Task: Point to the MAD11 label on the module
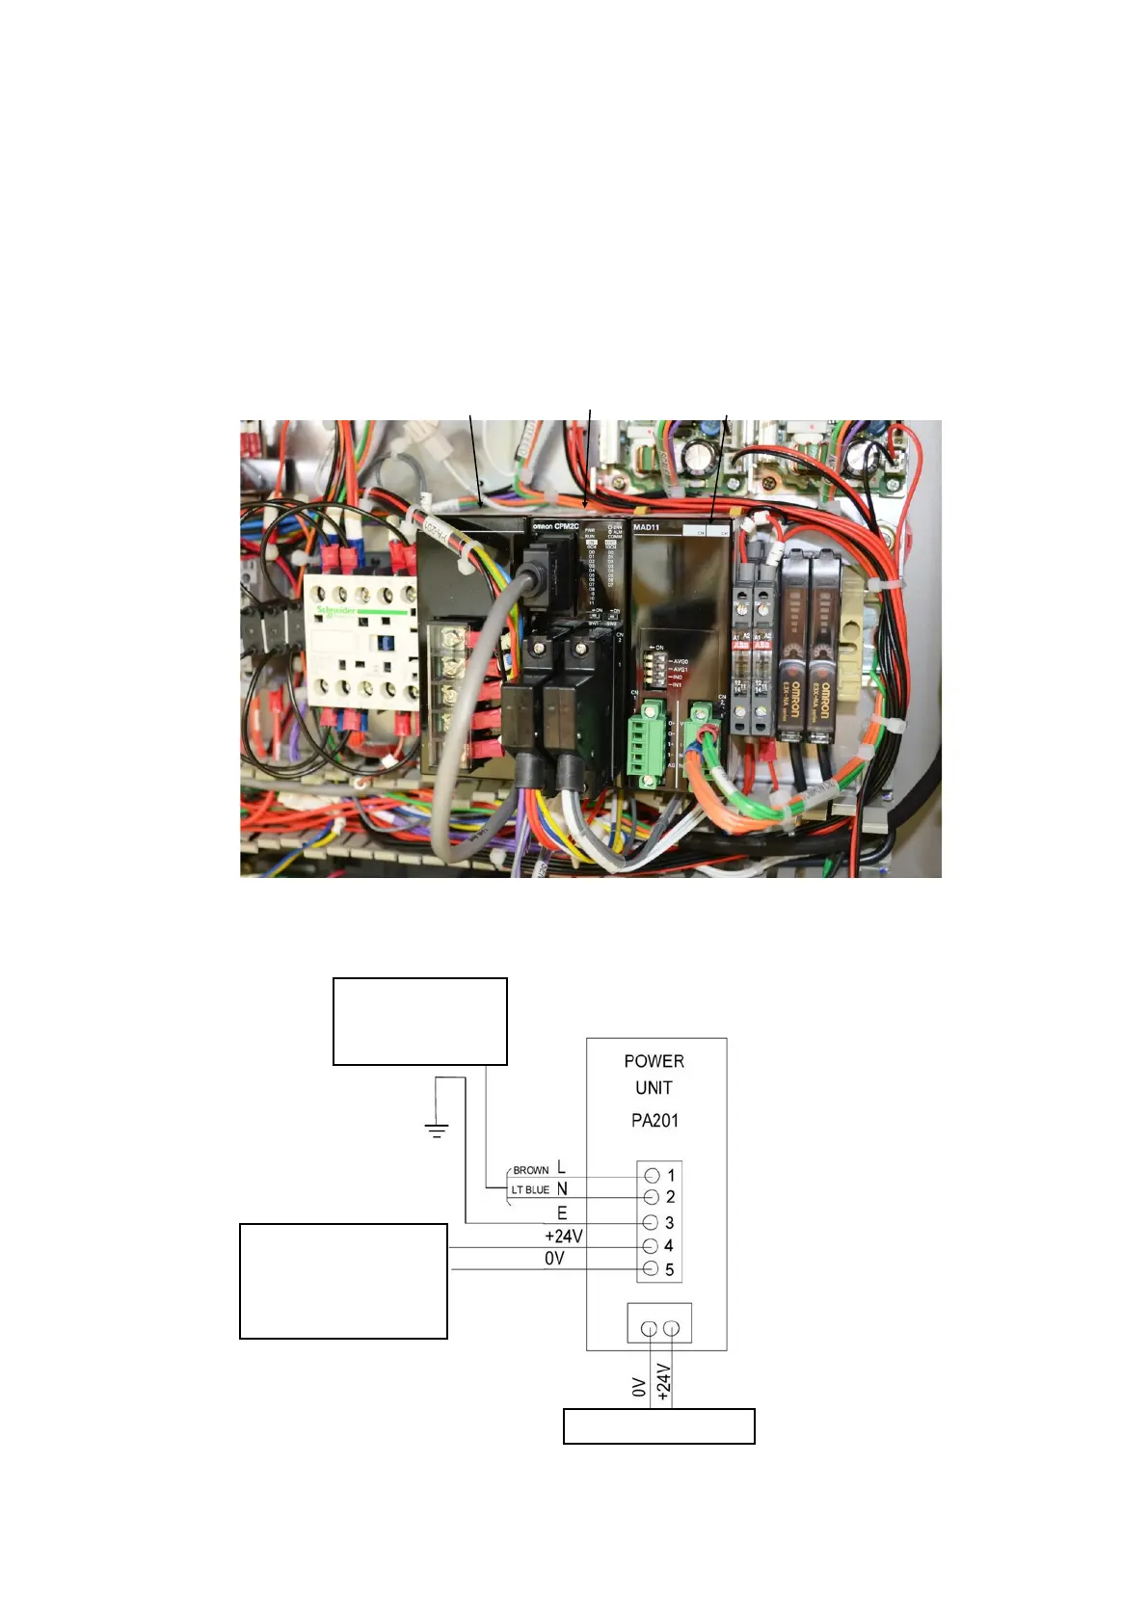(646, 527)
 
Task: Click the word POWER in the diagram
(654, 1061)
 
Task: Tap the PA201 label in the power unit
(654, 1120)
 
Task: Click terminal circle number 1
(652, 1175)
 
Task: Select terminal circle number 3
(652, 1222)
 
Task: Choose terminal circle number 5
(652, 1269)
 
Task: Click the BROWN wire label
(531, 1170)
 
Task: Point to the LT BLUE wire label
(530, 1190)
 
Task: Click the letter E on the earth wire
(562, 1213)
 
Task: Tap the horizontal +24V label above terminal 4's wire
(563, 1236)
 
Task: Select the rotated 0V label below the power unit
(638, 1387)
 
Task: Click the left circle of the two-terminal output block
(649, 1329)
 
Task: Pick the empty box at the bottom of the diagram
(658, 1426)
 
